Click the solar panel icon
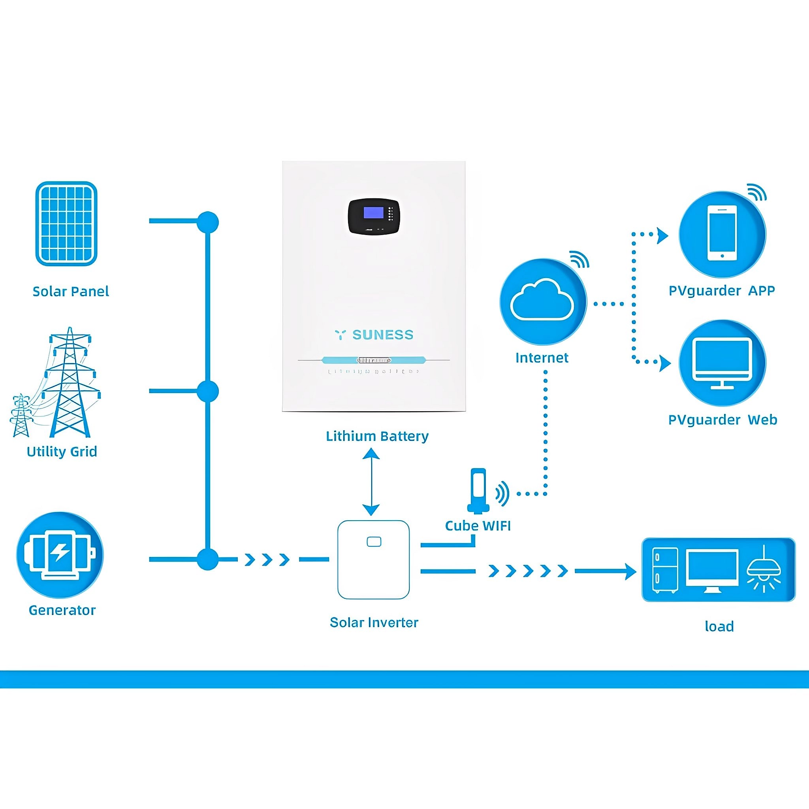coord(66,224)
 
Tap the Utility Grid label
coord(62,452)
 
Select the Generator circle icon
coord(60,555)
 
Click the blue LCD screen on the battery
coord(374,213)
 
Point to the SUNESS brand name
coord(382,335)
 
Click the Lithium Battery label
coord(377,436)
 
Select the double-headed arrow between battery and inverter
coord(371,482)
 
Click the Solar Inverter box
coord(373,560)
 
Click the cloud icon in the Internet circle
coord(542,300)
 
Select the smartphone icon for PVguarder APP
coord(722,233)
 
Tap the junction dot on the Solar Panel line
coord(208,222)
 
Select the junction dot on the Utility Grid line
coord(208,391)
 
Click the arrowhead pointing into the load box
coord(630,571)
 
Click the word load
coord(719,627)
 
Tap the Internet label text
coord(542,357)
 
